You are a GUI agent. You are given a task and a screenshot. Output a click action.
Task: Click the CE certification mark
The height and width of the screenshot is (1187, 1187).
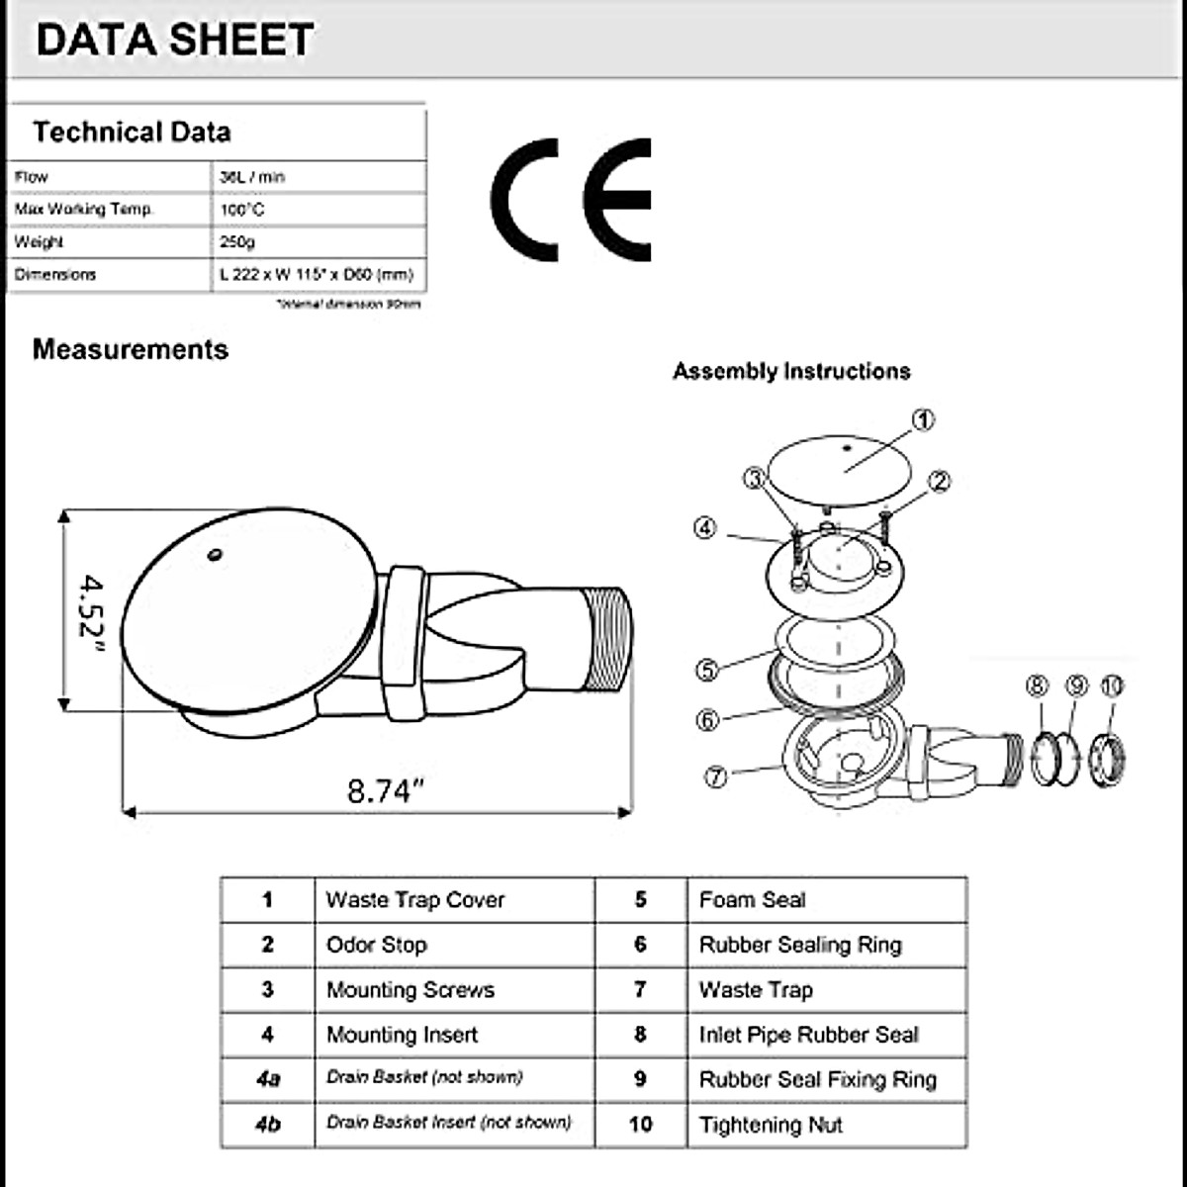coord(572,200)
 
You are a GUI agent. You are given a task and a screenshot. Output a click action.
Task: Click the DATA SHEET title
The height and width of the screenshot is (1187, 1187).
coord(175,41)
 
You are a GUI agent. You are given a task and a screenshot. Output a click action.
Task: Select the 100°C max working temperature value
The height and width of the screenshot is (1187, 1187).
coord(242,210)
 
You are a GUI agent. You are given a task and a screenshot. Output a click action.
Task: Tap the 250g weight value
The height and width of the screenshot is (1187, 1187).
coord(237,242)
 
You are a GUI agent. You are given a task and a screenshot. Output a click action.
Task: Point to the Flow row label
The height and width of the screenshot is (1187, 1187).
coord(32,177)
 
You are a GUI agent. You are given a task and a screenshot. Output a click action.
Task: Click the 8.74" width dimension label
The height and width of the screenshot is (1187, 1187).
coord(385,790)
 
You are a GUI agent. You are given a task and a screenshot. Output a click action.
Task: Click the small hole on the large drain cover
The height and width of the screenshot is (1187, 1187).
coord(215,555)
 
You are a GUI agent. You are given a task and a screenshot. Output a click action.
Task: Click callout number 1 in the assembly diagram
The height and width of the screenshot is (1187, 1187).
coord(922,420)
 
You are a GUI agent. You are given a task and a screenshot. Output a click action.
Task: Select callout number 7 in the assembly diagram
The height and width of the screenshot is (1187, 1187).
coord(715,776)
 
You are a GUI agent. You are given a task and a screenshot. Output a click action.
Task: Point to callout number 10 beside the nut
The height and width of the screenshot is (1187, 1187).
coord(1113,685)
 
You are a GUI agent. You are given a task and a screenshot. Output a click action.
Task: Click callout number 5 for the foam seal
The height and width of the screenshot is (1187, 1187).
coord(706,670)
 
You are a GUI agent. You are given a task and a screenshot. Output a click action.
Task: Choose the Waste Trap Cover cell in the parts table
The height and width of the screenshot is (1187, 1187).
coord(415,900)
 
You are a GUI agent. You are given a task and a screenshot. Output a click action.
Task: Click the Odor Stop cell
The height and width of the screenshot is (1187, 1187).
coord(376,945)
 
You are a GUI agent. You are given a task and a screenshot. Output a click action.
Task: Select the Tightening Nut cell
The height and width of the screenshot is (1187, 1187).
coord(771,1125)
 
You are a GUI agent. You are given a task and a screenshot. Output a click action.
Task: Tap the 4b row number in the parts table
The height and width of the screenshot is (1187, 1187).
coord(267,1125)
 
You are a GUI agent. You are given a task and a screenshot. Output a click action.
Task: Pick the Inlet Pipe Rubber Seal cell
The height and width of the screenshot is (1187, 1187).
coord(808,1035)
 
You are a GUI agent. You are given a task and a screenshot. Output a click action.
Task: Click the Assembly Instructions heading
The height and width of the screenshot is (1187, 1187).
coord(791,372)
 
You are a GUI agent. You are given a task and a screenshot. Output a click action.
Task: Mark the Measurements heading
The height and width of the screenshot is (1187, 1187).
coord(131,349)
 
